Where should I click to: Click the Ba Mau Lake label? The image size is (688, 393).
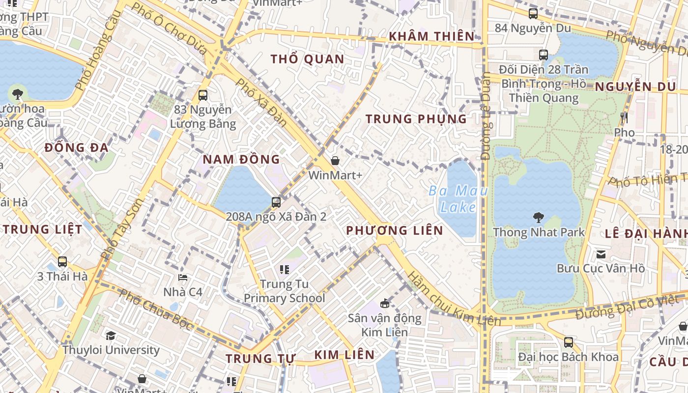[458, 199]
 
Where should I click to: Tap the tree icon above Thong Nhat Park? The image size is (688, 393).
[539, 217]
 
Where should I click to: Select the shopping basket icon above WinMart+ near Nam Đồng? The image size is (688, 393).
[335, 161]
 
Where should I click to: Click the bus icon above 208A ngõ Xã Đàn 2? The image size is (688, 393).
[276, 202]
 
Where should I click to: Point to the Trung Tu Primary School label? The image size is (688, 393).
[285, 291]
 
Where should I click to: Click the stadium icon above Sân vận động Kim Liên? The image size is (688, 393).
[385, 304]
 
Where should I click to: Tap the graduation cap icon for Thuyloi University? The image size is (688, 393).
[111, 336]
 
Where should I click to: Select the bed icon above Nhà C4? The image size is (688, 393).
[183, 278]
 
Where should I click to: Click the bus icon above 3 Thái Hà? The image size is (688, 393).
[62, 262]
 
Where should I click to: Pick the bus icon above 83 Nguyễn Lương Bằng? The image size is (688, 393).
[202, 95]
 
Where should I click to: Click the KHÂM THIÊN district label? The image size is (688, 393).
[432, 36]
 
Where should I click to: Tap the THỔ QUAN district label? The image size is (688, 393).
[308, 59]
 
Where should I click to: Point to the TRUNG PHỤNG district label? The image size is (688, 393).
[416, 119]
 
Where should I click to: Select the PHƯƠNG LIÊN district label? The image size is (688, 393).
[395, 230]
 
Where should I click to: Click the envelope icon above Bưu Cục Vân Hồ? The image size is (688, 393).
[601, 254]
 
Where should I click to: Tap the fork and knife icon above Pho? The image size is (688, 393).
[624, 118]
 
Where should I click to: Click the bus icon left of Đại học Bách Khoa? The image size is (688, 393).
[568, 342]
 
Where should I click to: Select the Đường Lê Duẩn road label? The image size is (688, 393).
[486, 116]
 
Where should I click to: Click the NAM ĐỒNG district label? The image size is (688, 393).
[241, 159]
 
